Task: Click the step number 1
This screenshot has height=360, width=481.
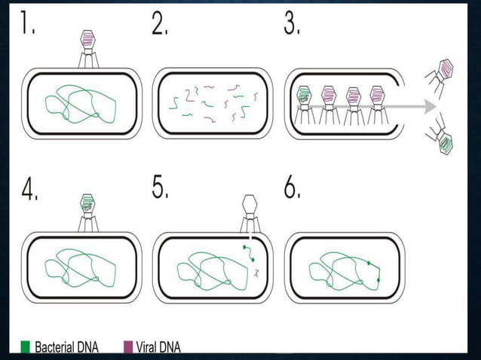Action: [x=28, y=22]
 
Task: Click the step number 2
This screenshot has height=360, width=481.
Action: [x=160, y=22]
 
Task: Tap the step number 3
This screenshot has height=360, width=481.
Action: [x=292, y=22]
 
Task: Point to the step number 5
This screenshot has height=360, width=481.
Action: [x=160, y=187]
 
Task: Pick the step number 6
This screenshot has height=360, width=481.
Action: [x=292, y=187]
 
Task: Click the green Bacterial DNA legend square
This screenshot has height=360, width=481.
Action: [x=25, y=347]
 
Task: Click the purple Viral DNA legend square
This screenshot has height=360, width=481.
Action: [x=128, y=347]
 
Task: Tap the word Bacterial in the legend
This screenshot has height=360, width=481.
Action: [x=54, y=347]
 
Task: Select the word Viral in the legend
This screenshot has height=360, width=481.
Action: [x=145, y=347]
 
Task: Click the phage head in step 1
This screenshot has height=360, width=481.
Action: [x=88, y=38]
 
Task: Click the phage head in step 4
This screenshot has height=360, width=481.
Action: [x=87, y=203]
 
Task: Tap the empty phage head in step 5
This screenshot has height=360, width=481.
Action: [x=250, y=203]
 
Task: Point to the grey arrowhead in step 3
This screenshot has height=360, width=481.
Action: [x=430, y=107]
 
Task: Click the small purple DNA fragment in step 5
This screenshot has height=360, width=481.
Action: [x=256, y=273]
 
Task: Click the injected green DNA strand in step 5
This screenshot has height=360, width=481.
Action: [x=249, y=253]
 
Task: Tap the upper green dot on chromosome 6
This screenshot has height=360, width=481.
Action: [x=369, y=263]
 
